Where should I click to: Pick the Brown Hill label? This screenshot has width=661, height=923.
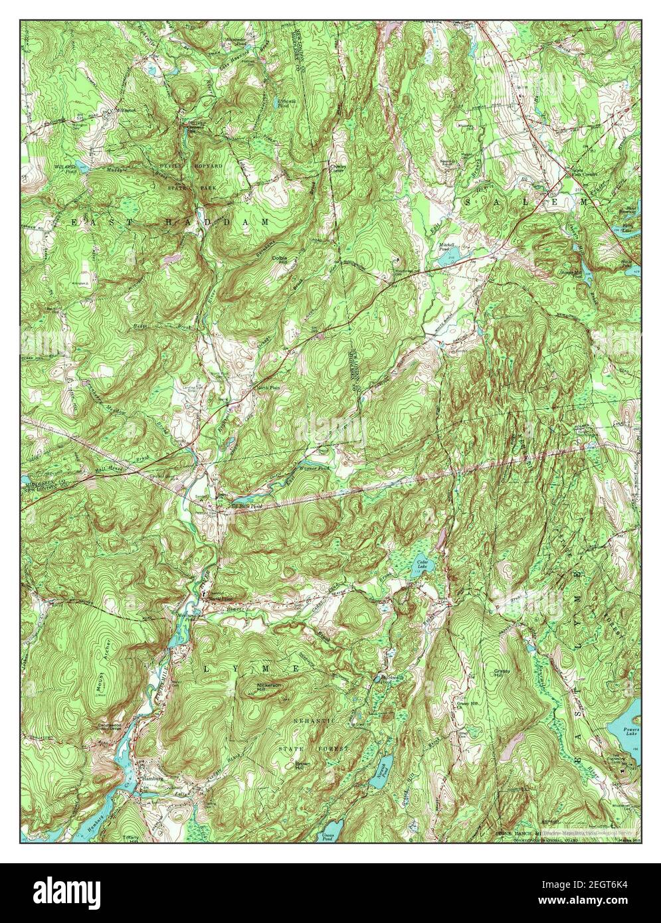tap(303, 767)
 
